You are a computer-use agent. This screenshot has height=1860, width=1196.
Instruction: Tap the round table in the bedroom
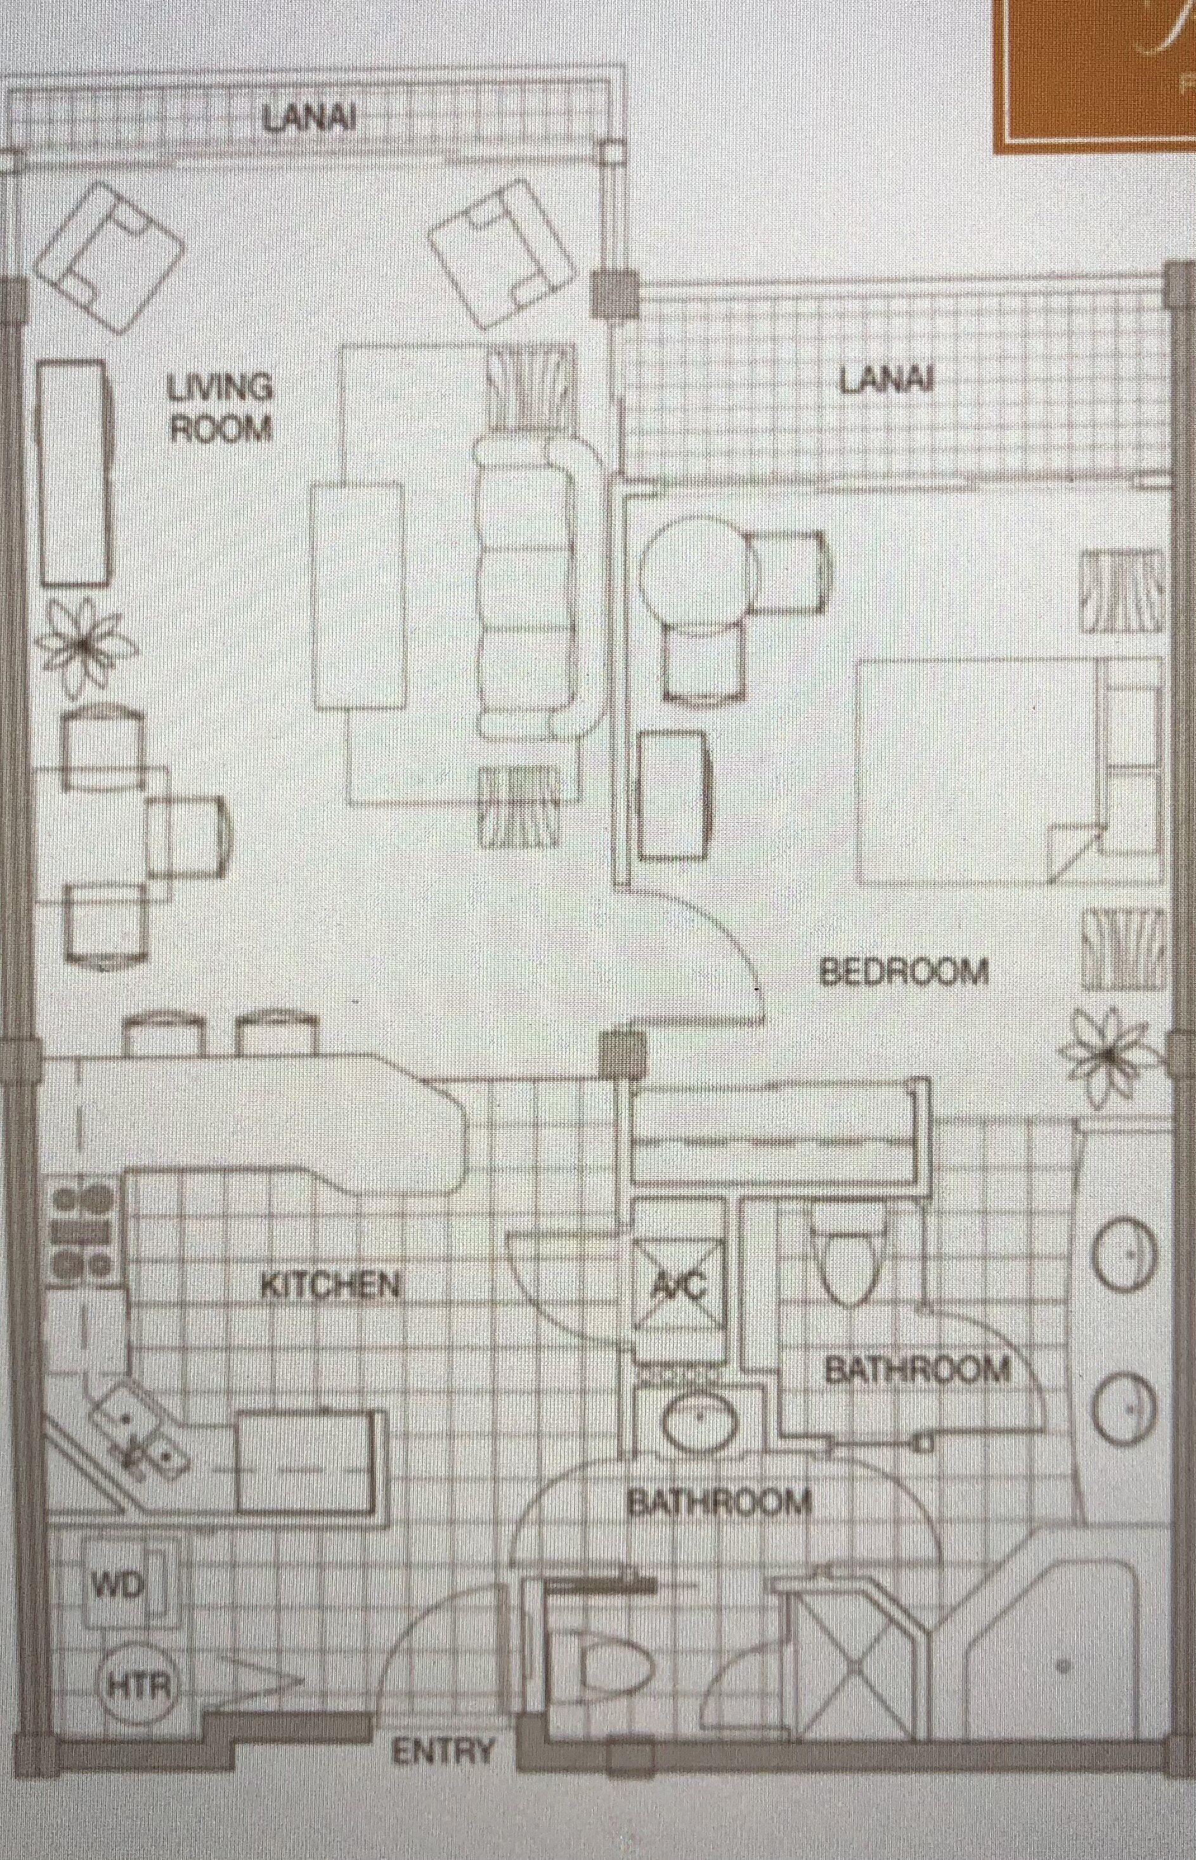click(695, 576)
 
